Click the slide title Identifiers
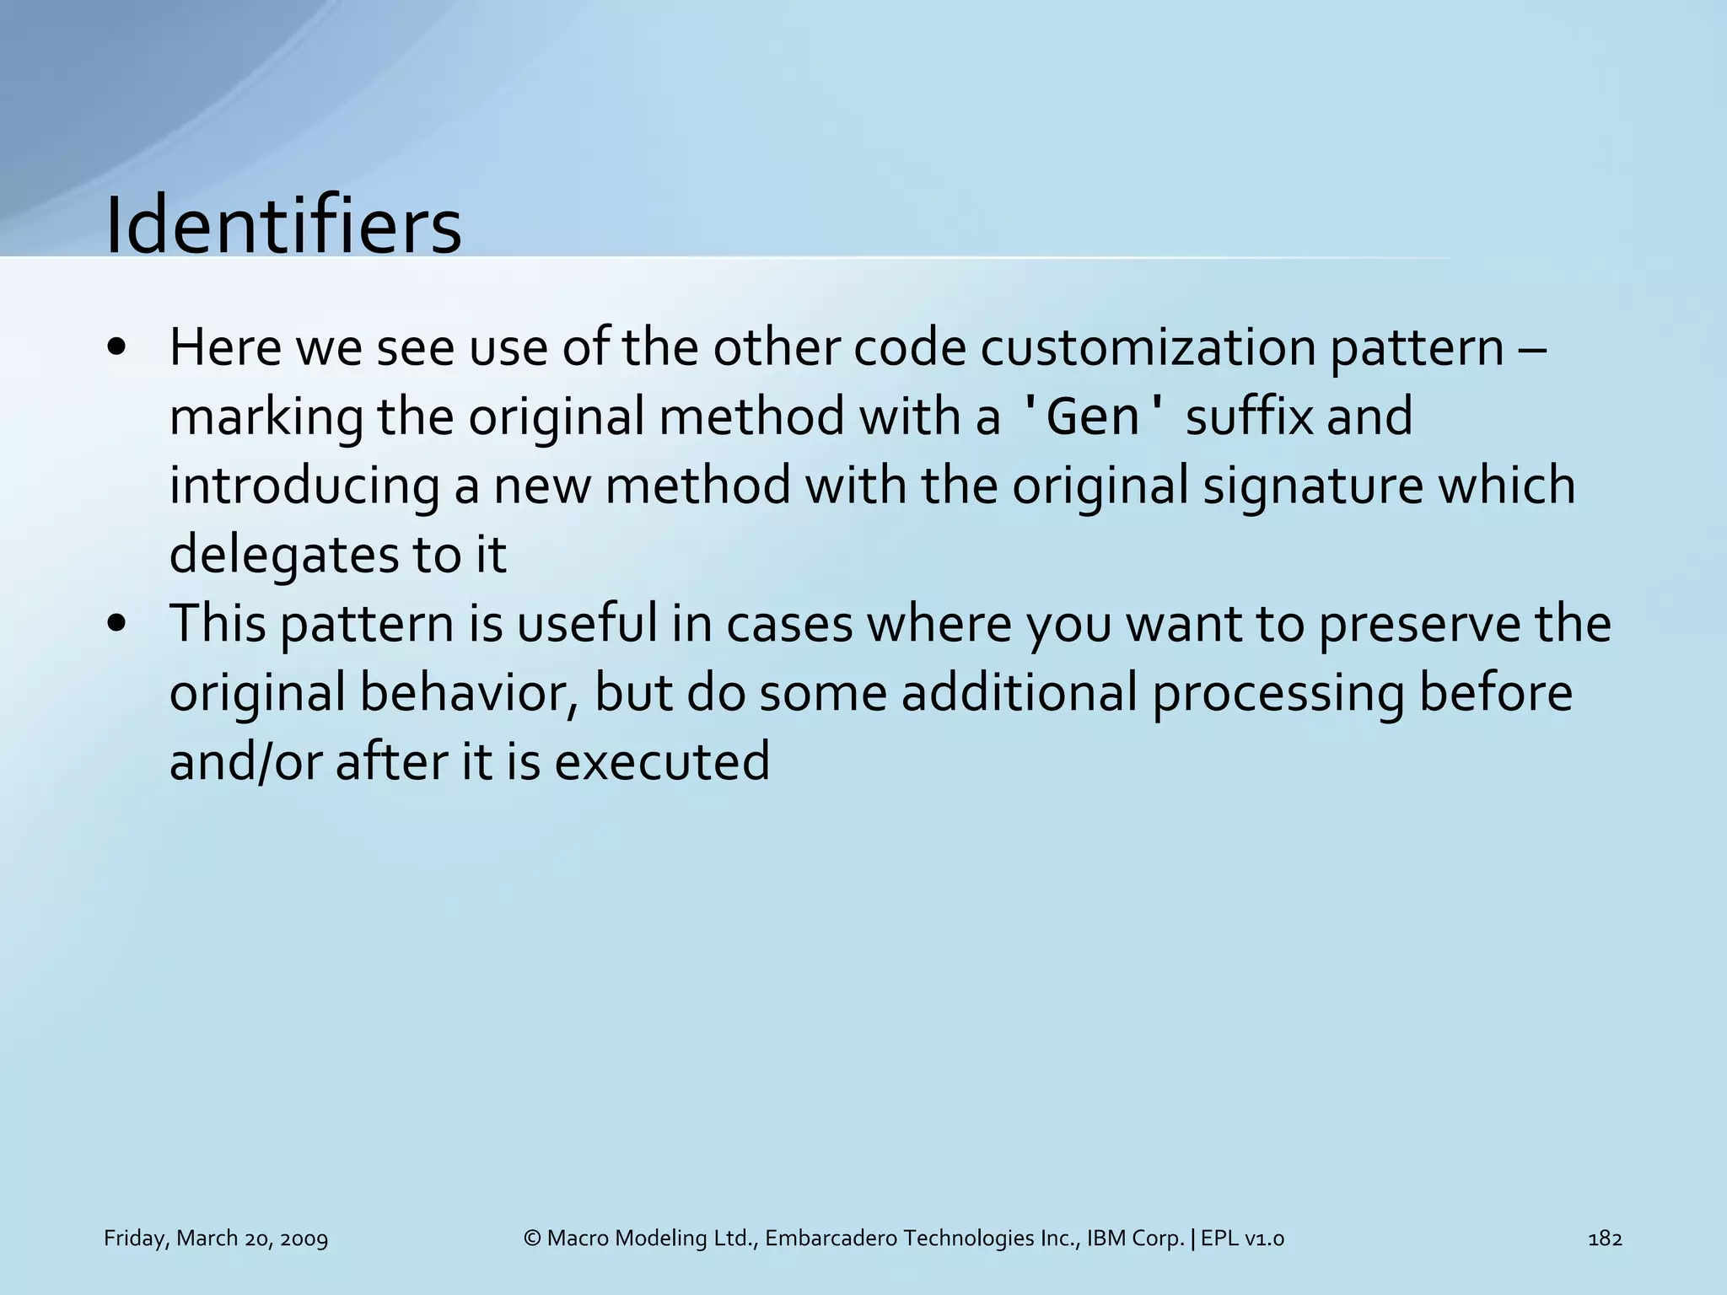(282, 226)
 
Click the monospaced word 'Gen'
(1094, 416)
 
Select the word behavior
(469, 693)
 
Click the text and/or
(245, 760)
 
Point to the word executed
(662, 760)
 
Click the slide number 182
(1605, 1239)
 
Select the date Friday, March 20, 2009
(216, 1239)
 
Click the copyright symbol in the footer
(531, 1239)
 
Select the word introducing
(304, 487)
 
